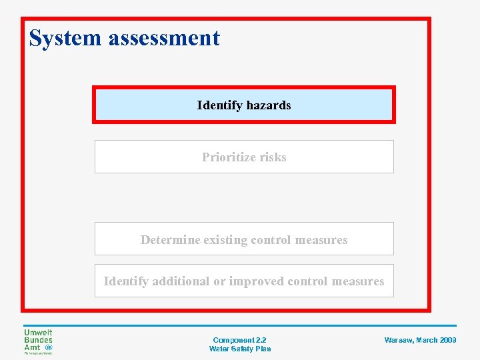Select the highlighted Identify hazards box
(244, 105)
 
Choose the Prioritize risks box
(244, 157)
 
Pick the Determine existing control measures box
(244, 239)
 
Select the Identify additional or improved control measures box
(244, 281)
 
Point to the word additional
(181, 281)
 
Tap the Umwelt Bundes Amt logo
(39, 341)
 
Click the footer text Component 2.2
(239, 340)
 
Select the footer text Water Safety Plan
(239, 349)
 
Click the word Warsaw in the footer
(399, 340)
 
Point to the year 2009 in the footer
(448, 340)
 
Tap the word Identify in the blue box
(220, 105)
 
